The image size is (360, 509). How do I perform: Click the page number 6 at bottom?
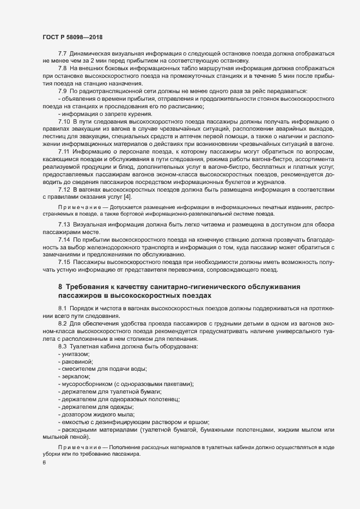[44, 463]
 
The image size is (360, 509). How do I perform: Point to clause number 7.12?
[64, 189]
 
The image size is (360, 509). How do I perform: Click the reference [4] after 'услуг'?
[127, 196]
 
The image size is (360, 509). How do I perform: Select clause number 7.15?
[64, 262]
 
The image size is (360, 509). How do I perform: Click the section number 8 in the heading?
[60, 287]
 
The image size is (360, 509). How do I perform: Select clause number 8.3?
[62, 346]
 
